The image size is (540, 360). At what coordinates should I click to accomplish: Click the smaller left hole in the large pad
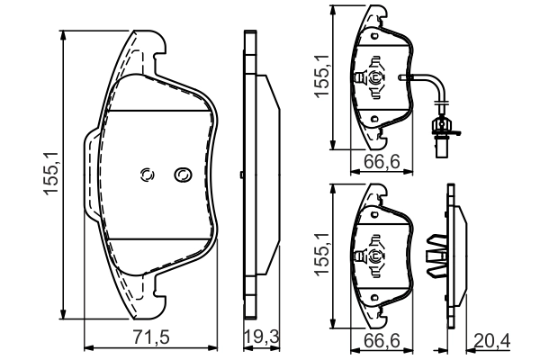tap(148, 175)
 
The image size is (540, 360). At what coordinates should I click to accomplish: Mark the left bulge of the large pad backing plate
tap(90, 175)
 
